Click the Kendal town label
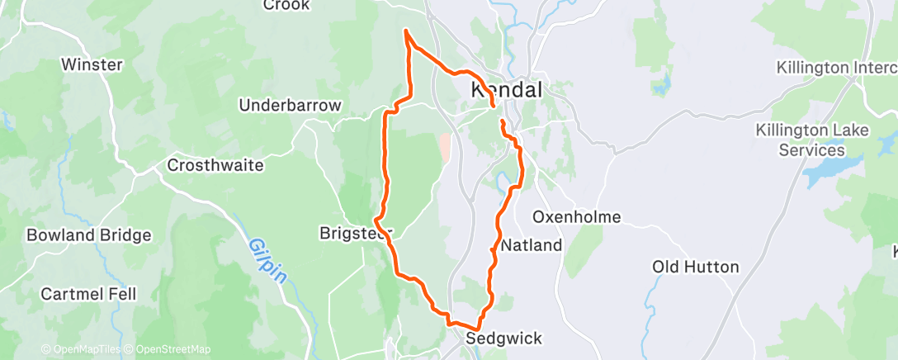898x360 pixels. tap(506, 90)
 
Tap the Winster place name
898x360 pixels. tap(92, 64)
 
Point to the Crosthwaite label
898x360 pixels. tap(215, 165)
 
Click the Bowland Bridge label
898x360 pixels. tap(89, 235)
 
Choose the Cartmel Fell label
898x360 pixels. tap(88, 294)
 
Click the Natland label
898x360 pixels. tap(532, 245)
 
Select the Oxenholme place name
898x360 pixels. tap(576, 217)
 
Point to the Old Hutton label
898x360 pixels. tap(695, 267)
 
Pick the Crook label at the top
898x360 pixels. tap(286, 6)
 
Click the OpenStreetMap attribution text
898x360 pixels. tap(173, 349)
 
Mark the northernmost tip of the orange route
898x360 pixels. tap(405, 31)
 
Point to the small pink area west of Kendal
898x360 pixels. tap(446, 147)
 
